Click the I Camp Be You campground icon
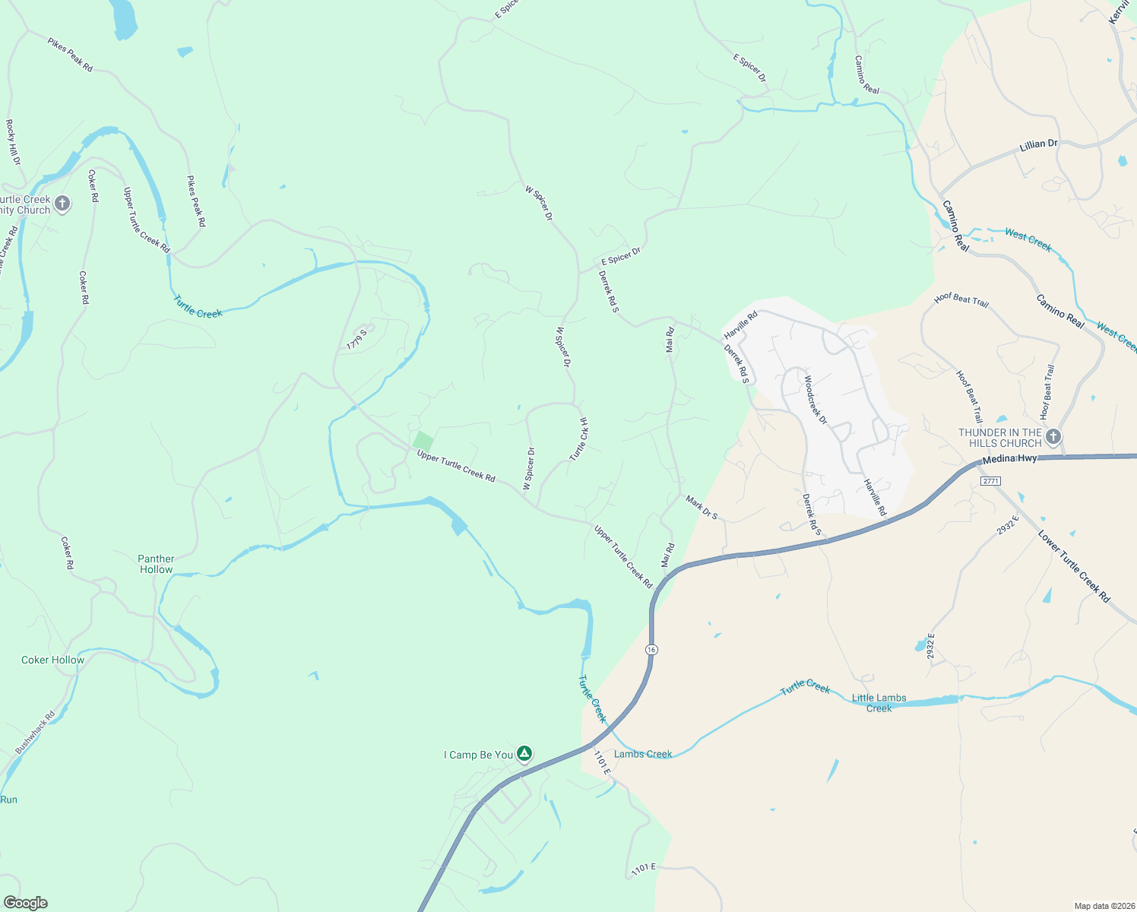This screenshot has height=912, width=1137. coord(524,754)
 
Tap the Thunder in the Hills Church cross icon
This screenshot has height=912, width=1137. coord(1053,437)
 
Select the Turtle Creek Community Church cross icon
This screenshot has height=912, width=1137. coord(62,204)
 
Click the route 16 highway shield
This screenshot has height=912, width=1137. coord(652,650)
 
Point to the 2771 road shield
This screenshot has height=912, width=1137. coord(990,481)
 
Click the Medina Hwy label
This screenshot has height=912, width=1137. coord(1009,460)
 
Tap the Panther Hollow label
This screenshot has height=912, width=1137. coord(156,564)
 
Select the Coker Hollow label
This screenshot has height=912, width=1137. coord(52,660)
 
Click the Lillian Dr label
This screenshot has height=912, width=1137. coord(1038,144)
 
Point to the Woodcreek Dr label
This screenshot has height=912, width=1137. coord(815,399)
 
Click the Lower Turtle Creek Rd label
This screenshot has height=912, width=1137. coord(1074,567)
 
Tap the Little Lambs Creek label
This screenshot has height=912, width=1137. coord(879,703)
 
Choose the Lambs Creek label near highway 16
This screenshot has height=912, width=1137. coord(643,754)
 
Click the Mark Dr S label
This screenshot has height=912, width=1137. coord(702,508)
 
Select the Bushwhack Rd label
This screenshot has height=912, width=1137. coord(35,732)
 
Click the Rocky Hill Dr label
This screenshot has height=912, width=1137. coord(13,142)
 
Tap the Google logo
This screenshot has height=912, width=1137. coord(26,903)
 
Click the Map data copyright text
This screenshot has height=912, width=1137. coord(1104,906)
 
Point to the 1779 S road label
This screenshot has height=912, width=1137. coord(356,340)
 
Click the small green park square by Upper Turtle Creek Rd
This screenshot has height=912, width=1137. coord(423,441)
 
